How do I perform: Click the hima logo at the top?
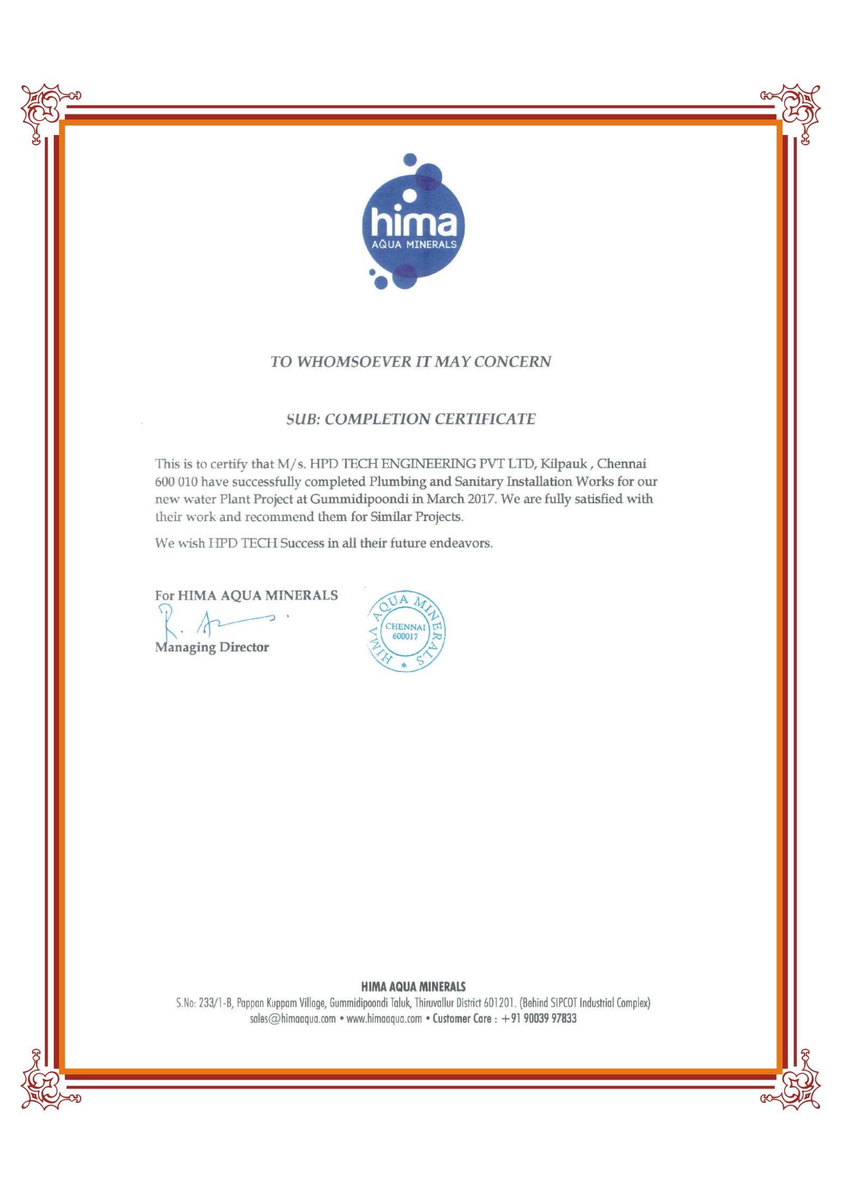click(413, 222)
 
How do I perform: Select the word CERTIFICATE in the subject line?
click(485, 419)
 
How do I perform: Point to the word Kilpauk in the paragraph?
click(563, 464)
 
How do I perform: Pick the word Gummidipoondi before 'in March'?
click(360, 499)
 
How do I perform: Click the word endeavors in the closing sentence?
click(460, 543)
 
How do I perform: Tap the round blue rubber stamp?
click(405, 631)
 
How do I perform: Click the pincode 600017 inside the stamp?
click(405, 637)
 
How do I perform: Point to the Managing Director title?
click(212, 647)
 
